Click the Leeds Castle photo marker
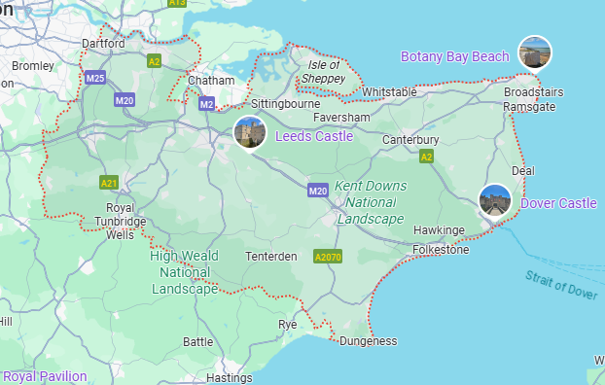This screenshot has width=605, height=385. pos(249,132)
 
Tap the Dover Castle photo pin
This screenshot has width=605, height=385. pos(495,200)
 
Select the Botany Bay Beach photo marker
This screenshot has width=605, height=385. pos(534,52)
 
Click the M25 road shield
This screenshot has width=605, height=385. pos(94,78)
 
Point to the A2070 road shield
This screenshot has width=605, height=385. pos(328,258)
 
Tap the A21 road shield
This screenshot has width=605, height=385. pos(109,182)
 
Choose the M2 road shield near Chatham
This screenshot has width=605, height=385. pos(206,103)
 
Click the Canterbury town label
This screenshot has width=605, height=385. pos(411,140)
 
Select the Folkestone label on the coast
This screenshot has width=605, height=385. pos(441,250)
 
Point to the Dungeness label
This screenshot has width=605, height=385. pos(369,341)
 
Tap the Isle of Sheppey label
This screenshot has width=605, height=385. pos(322,71)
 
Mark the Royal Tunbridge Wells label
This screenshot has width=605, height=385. pos(120,222)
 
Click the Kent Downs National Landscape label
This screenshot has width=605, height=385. pos(370,202)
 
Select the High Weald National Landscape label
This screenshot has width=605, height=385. pos(185,272)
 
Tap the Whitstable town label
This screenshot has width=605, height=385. pos(389,92)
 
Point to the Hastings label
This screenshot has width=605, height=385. pos(230,377)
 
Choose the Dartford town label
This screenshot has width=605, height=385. pos(104,44)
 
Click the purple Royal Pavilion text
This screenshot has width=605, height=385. pos(45,376)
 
